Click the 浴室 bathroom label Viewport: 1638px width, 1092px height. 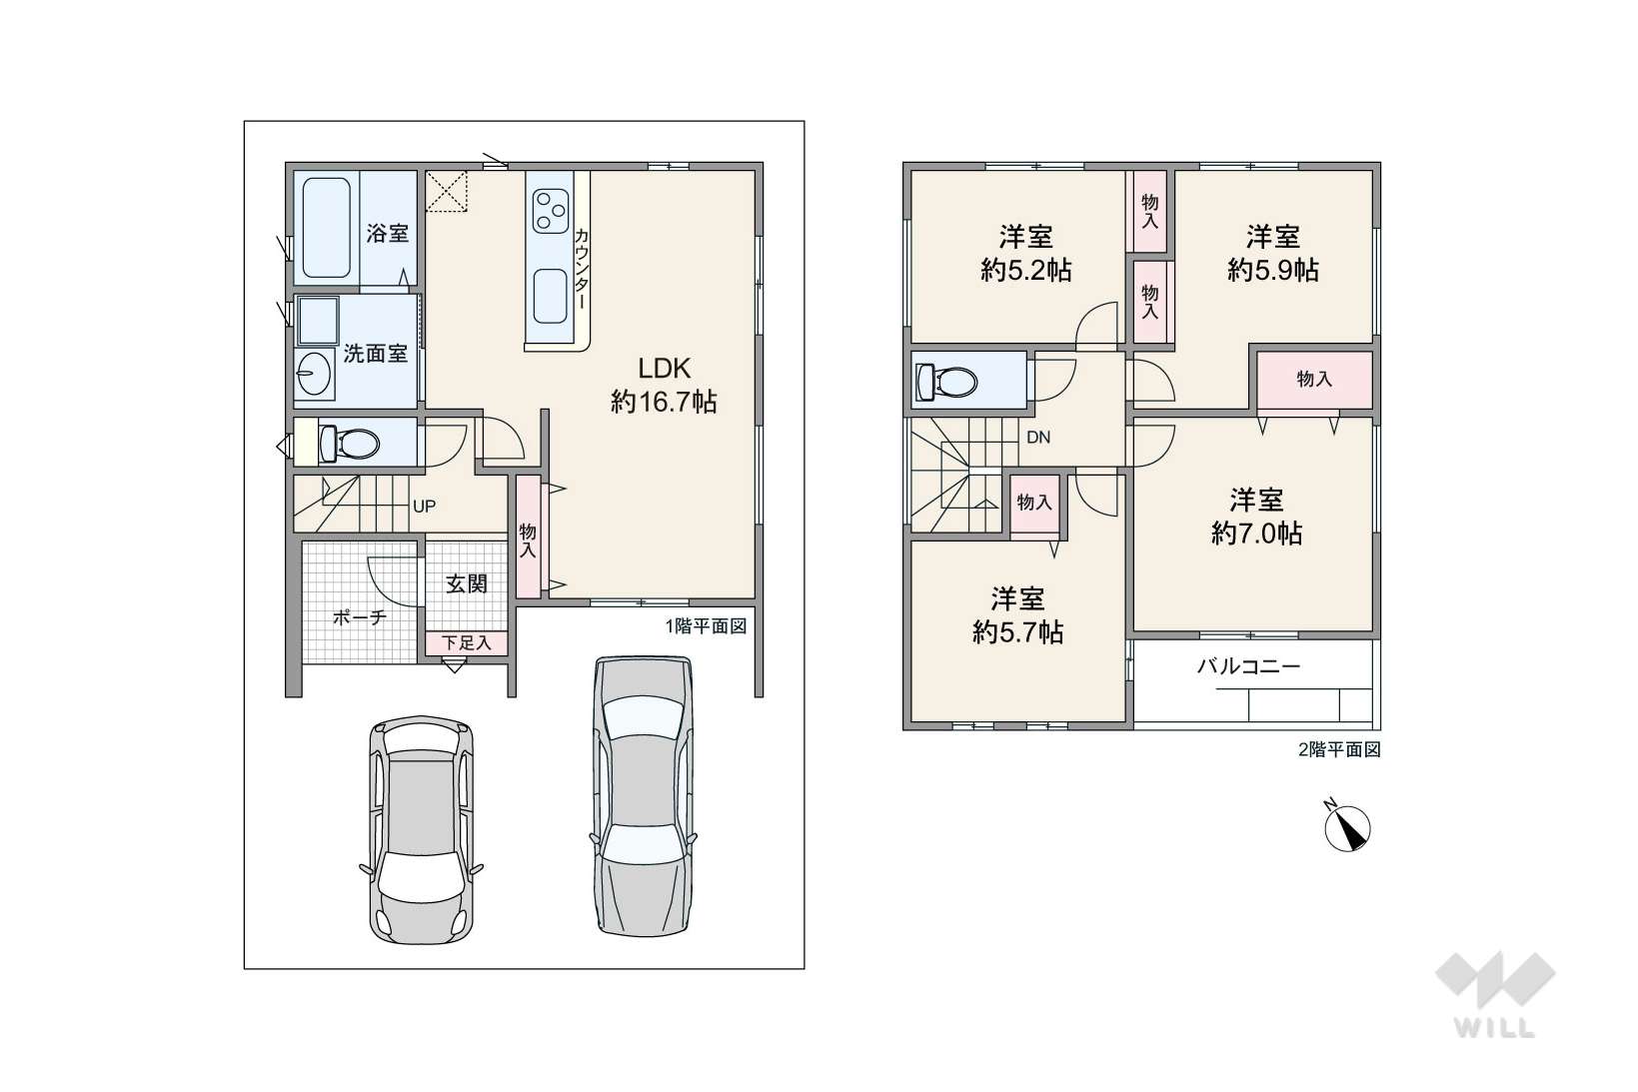point(387,234)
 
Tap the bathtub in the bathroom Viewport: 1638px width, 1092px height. point(326,228)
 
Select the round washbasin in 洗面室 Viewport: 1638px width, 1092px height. point(314,374)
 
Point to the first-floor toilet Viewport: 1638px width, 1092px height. point(349,443)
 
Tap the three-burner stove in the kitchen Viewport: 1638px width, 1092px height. point(551,211)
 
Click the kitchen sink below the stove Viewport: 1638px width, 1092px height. point(551,296)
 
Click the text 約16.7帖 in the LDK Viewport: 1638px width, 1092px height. point(664,402)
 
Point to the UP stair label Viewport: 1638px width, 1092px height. point(424,506)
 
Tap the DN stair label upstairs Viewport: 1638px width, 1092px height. point(1038,437)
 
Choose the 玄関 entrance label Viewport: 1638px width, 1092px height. point(467,584)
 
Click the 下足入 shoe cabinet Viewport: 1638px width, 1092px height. point(467,643)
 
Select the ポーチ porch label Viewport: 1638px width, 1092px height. point(359,617)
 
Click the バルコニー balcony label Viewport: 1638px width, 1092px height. point(1248,666)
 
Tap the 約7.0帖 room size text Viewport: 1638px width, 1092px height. point(1256,534)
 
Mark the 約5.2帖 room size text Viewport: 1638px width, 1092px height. point(1026,271)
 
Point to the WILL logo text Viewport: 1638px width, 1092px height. point(1495,1028)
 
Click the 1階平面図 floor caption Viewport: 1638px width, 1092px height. point(706,626)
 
